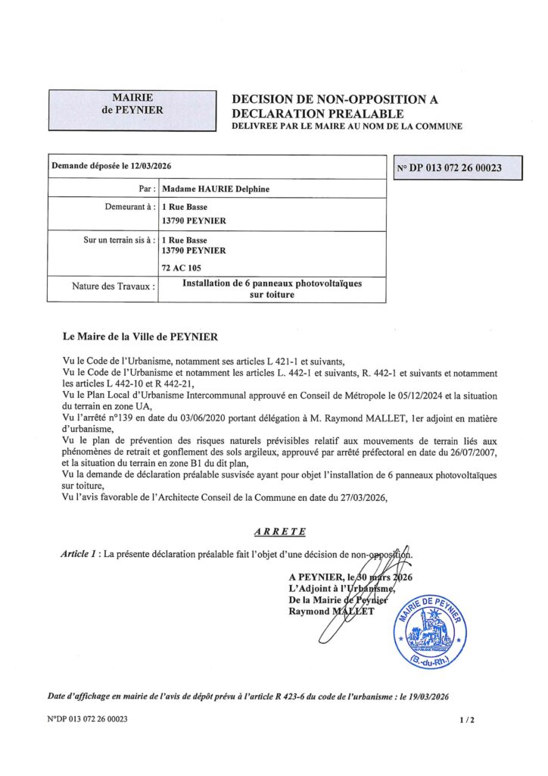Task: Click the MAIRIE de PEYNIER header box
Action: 132,109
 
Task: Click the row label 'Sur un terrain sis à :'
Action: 119,239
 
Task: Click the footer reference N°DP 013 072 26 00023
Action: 87,719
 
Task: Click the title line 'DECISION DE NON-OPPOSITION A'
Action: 335,99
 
